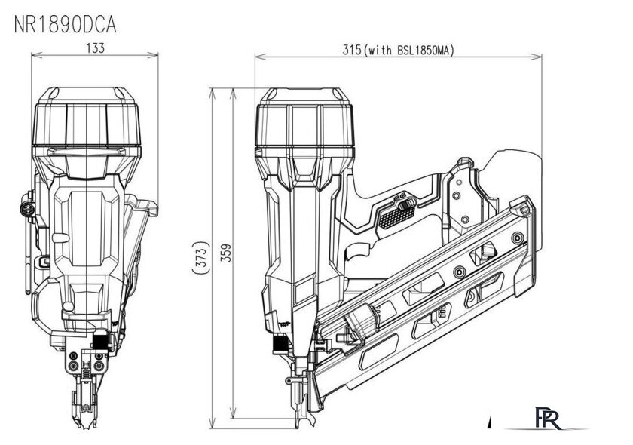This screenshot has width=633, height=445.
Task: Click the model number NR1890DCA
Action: click(66, 25)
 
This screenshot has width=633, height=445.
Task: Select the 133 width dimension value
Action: click(95, 48)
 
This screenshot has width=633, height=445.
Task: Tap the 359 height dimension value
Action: click(227, 253)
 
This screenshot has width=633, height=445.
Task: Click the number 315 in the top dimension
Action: click(351, 50)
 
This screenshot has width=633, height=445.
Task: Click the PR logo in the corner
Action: click(548, 419)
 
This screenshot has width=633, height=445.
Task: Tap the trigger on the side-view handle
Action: click(358, 251)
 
